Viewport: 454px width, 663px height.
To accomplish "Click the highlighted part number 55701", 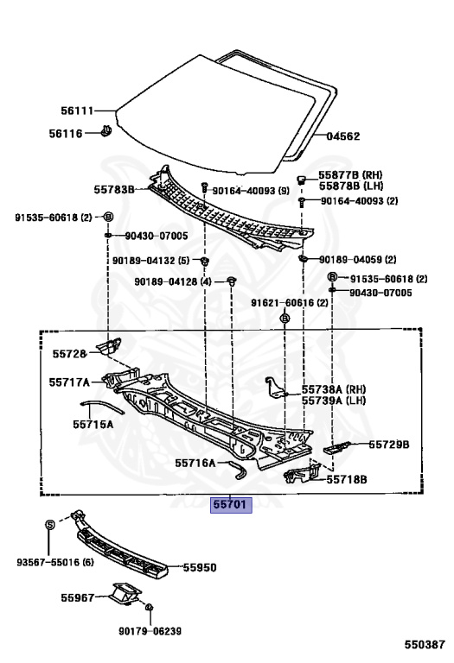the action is [231, 504].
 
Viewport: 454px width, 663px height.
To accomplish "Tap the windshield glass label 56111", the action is [77, 110].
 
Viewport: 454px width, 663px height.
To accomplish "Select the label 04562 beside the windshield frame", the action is [343, 136].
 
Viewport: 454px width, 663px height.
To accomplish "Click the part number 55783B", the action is [114, 189].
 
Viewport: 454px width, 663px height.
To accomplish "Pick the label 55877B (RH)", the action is [350, 174].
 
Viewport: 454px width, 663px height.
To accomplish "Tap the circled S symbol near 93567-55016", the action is [49, 525].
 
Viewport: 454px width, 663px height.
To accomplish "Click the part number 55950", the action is [200, 567].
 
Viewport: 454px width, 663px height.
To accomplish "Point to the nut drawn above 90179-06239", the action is [149, 608].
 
